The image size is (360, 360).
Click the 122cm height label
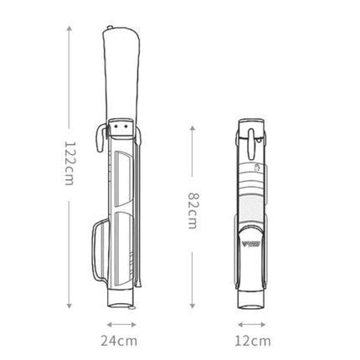pos(69,163)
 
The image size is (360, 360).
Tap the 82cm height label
pos(193,211)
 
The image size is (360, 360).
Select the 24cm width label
pos(119,341)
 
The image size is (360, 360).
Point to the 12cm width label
pos(253,341)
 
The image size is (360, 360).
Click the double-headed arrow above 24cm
pos(121,324)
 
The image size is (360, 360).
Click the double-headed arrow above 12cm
pos(252,324)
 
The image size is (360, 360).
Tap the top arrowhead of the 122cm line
pos(69,28)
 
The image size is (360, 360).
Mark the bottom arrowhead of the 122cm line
pos(69,306)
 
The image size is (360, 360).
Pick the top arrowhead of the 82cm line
pos(193,128)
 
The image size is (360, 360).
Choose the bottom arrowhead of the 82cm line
pos(193,306)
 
